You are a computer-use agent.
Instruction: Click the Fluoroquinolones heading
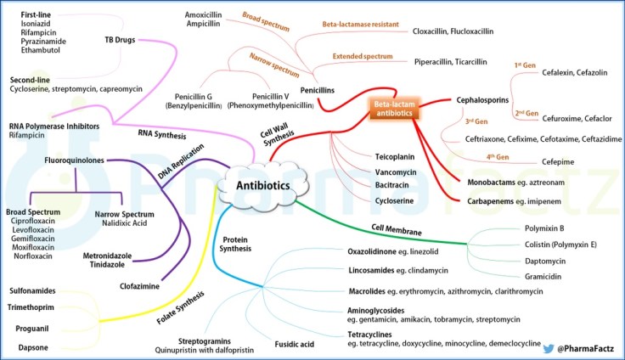(77, 160)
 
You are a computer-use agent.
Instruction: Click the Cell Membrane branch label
(395, 229)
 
